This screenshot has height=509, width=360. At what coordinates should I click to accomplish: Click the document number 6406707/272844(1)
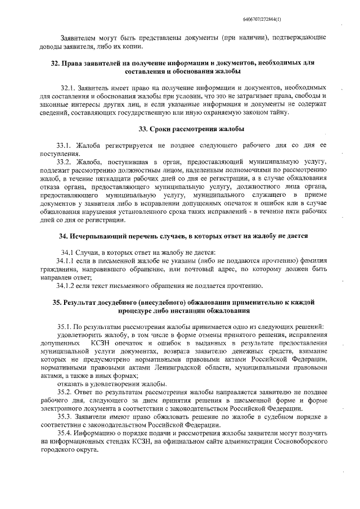305,20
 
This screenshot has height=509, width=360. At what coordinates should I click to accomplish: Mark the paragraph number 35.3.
65,416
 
